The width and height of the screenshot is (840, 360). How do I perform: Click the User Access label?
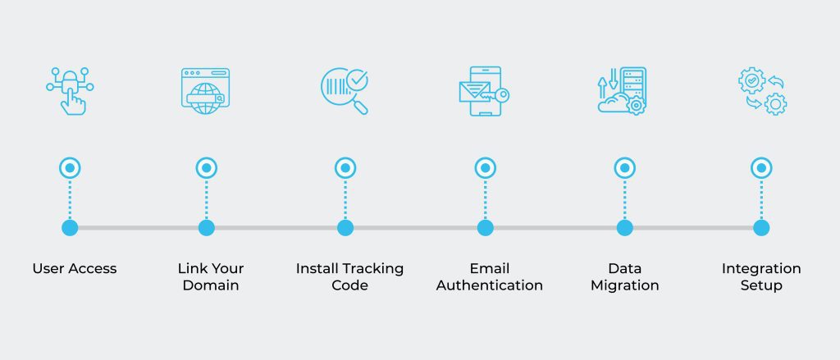[75, 268]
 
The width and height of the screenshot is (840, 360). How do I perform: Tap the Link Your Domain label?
[211, 276]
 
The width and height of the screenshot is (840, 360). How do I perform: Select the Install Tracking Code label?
[349, 276]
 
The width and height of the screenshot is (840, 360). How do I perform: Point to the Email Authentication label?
[489, 276]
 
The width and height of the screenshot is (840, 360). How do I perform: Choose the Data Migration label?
[624, 276]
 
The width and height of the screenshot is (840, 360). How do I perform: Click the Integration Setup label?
[761, 276]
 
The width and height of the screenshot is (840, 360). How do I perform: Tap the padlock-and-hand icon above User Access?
[71, 90]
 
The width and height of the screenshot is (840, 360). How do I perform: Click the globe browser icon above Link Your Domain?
[205, 91]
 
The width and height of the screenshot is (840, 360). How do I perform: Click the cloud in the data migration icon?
[614, 103]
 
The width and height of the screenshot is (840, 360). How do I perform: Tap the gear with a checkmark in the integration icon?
[751, 80]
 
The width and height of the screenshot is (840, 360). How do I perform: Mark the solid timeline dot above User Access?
[70, 228]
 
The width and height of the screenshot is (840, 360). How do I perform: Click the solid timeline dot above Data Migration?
[624, 228]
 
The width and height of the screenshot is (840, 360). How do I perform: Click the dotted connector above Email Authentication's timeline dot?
[486, 199]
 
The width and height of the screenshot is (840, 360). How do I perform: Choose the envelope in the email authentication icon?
[475, 92]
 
